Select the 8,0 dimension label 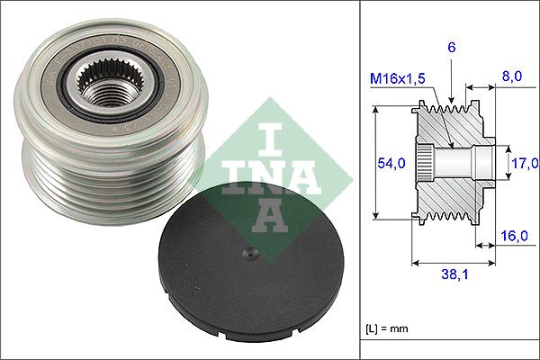513,77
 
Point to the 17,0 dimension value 524,163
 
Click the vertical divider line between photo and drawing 360,180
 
